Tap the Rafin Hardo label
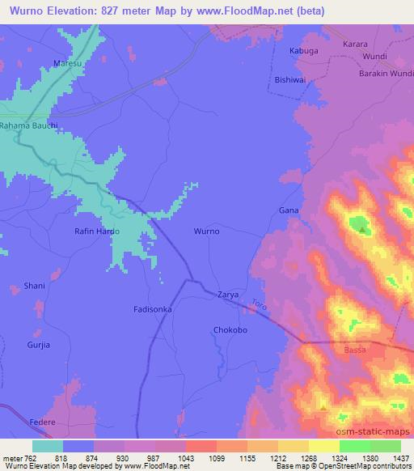coord(97,231)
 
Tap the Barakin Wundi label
coord(385,73)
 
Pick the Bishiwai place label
coord(289,81)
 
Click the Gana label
coord(289,210)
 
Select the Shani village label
coord(36,286)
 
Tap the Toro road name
coord(259,306)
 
